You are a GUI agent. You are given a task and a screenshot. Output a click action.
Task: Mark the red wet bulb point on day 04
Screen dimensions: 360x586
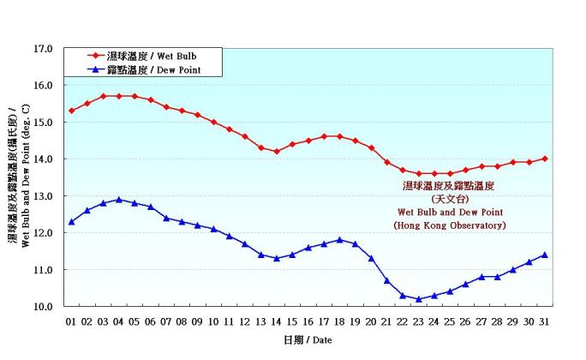[x=119, y=96]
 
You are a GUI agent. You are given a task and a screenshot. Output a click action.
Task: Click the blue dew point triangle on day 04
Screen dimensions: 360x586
[x=119, y=200]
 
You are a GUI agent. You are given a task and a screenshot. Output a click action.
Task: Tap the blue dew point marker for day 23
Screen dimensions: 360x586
[x=418, y=299]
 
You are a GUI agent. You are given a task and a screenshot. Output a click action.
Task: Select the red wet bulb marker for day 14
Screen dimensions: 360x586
[x=276, y=152]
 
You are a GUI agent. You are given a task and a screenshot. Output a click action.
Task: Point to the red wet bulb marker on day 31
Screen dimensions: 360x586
[x=544, y=159]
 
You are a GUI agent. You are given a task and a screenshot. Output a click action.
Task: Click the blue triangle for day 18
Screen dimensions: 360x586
[x=339, y=240]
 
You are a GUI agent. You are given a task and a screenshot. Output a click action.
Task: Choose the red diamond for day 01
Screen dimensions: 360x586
[x=72, y=111]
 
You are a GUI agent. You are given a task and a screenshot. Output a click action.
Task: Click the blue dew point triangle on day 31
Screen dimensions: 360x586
[x=544, y=255]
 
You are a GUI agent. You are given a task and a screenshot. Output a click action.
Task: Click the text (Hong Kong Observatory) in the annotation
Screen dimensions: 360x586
[x=450, y=225]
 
